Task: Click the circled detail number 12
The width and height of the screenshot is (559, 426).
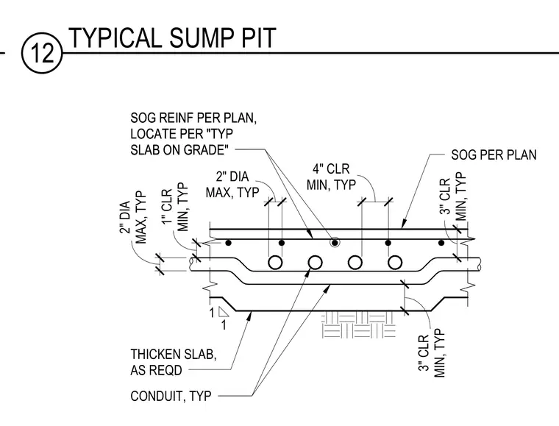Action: (x=42, y=53)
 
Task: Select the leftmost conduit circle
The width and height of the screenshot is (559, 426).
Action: (x=275, y=263)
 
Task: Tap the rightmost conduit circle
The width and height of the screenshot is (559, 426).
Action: (x=395, y=263)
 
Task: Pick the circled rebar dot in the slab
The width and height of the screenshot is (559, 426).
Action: (x=335, y=243)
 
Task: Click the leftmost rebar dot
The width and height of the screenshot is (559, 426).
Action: (x=229, y=243)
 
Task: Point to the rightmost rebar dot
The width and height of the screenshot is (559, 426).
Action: (x=441, y=243)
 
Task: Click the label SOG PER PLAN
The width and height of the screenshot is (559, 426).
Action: (x=494, y=155)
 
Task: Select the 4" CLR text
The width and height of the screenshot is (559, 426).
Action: (x=331, y=168)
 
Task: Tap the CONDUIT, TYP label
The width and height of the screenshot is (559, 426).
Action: (x=171, y=396)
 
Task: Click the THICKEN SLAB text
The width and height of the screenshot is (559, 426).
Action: (x=174, y=355)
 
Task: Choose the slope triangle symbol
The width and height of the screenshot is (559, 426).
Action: (x=223, y=312)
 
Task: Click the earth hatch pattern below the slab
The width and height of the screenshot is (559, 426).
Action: (x=358, y=324)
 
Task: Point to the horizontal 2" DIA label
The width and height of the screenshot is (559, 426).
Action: (x=232, y=177)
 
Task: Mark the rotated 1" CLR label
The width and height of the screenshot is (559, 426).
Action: (x=168, y=207)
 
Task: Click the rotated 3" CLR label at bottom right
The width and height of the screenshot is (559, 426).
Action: (x=424, y=353)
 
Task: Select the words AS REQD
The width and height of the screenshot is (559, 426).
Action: (x=156, y=370)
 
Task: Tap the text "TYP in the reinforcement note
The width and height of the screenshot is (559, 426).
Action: (x=219, y=134)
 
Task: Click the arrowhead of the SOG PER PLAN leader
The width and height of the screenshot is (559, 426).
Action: (x=403, y=224)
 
